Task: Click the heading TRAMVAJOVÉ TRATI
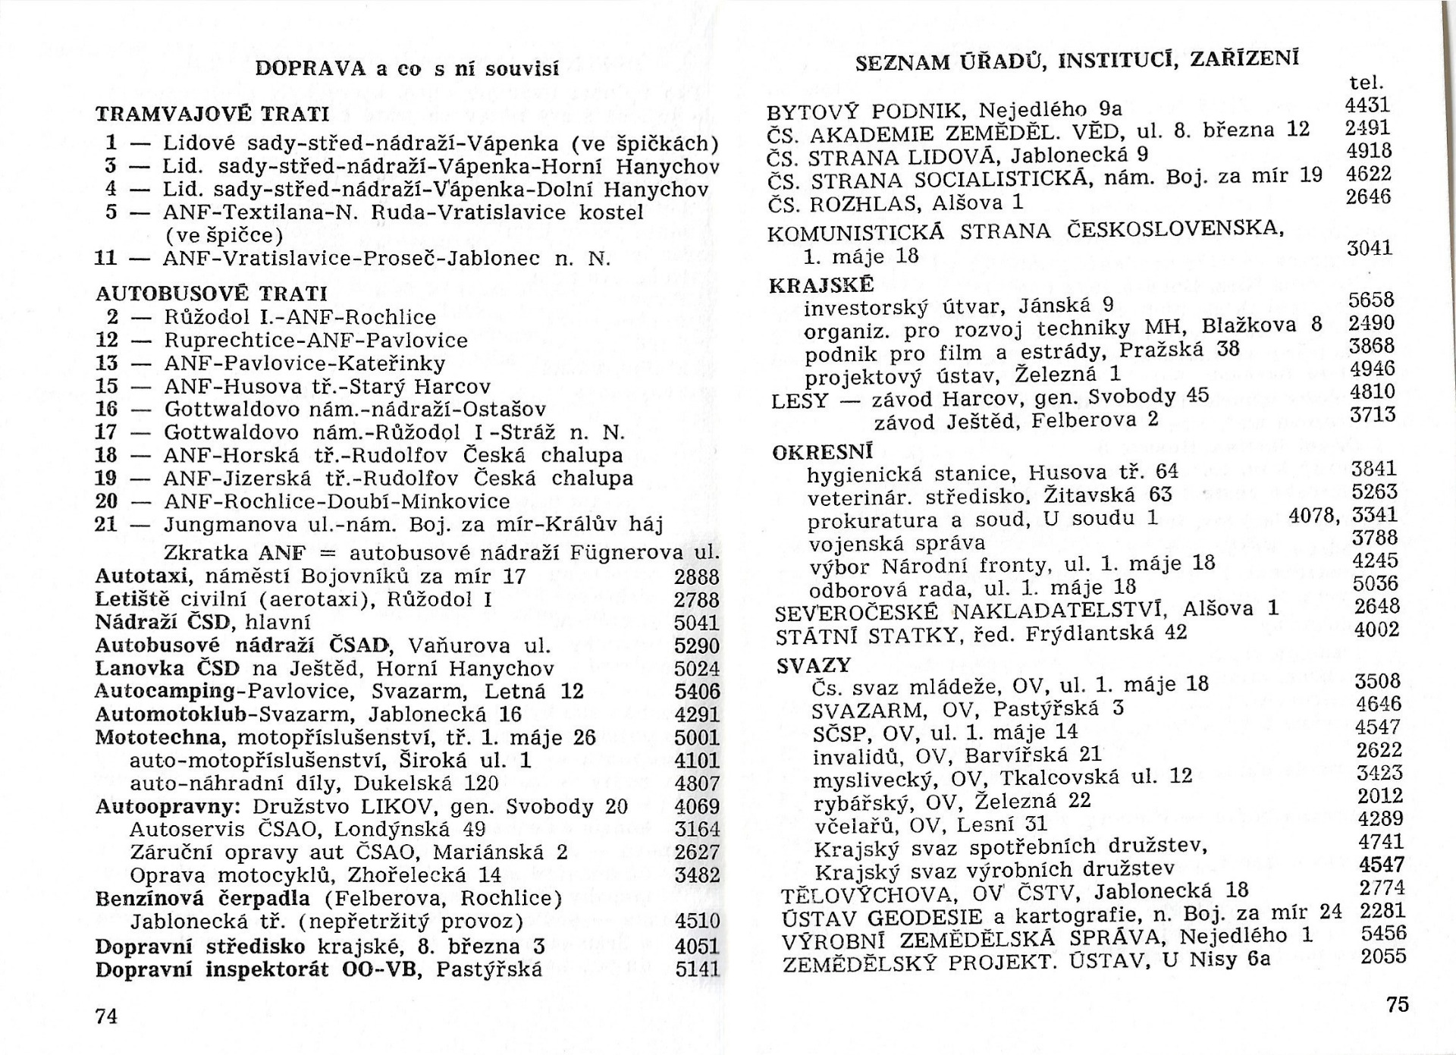tap(212, 115)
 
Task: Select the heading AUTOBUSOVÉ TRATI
tap(212, 294)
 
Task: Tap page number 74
tap(107, 1016)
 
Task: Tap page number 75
tap(1397, 1004)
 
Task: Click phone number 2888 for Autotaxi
tap(696, 577)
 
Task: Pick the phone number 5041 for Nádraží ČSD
tap(696, 623)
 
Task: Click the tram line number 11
tap(106, 258)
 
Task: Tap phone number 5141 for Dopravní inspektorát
tap(697, 970)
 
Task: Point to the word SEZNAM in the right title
tap(898, 63)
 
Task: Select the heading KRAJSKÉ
tap(821, 285)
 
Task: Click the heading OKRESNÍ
tap(823, 453)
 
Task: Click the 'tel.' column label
tap(1366, 82)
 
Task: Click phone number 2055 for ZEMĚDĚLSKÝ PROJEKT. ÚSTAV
tap(1383, 956)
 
